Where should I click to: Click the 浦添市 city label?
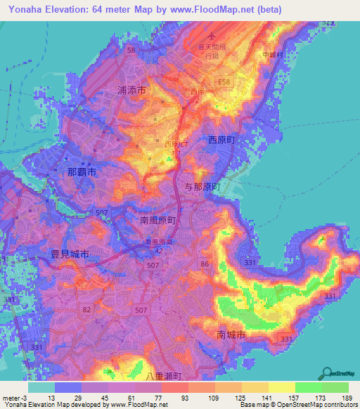(131, 91)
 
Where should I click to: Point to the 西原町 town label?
(226, 141)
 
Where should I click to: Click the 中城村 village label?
(269, 54)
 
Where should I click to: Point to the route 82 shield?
(86, 310)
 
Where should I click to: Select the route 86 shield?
(205, 264)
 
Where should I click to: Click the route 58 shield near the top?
(131, 50)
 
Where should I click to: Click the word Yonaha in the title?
(22, 9)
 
